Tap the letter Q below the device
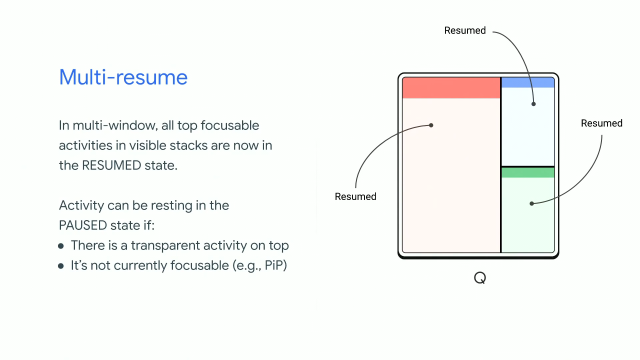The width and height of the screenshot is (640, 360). click(x=478, y=277)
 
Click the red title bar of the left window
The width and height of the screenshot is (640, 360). click(x=450, y=88)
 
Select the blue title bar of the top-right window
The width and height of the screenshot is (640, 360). click(x=527, y=82)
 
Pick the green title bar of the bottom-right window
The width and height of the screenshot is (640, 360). click(x=527, y=172)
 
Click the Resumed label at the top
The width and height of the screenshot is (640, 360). click(x=464, y=31)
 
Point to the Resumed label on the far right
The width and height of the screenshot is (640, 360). click(x=601, y=123)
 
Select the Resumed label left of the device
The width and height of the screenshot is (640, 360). click(x=356, y=196)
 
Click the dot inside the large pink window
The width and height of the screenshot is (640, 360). click(x=431, y=125)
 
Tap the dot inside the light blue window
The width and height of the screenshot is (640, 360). click(x=533, y=102)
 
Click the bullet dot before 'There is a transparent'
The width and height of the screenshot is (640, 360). click(x=62, y=246)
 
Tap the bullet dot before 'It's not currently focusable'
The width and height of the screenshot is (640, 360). click(x=62, y=266)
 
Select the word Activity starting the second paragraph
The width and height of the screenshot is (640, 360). click(x=80, y=205)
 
